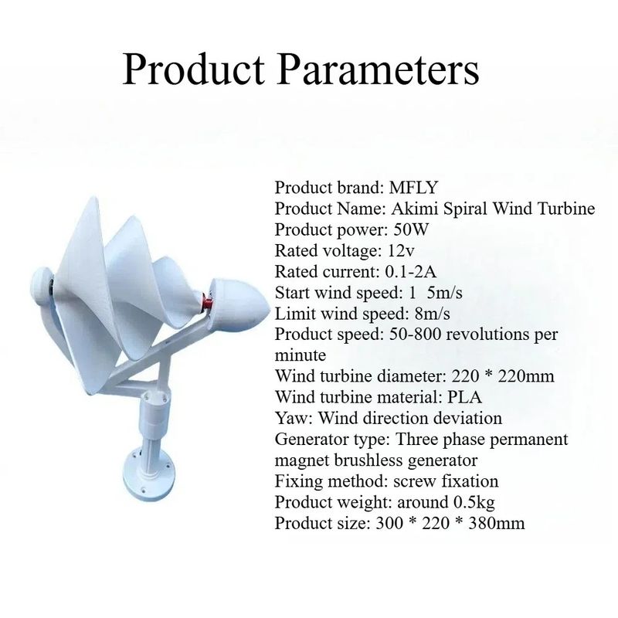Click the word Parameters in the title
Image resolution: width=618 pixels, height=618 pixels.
379,70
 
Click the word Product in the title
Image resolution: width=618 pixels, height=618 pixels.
194,70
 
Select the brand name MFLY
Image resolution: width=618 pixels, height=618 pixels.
413,188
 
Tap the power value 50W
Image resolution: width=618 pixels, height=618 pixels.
410,229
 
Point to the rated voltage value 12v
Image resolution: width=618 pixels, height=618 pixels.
400,250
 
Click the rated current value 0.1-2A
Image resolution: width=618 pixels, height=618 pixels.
410,271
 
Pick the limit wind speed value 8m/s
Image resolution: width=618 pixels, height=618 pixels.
432,314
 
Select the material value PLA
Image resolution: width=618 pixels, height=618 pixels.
465,397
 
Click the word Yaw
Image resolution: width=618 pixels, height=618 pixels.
294,418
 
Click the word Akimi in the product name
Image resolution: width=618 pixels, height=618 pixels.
415,209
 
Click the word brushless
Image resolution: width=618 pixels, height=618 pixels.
368,460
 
